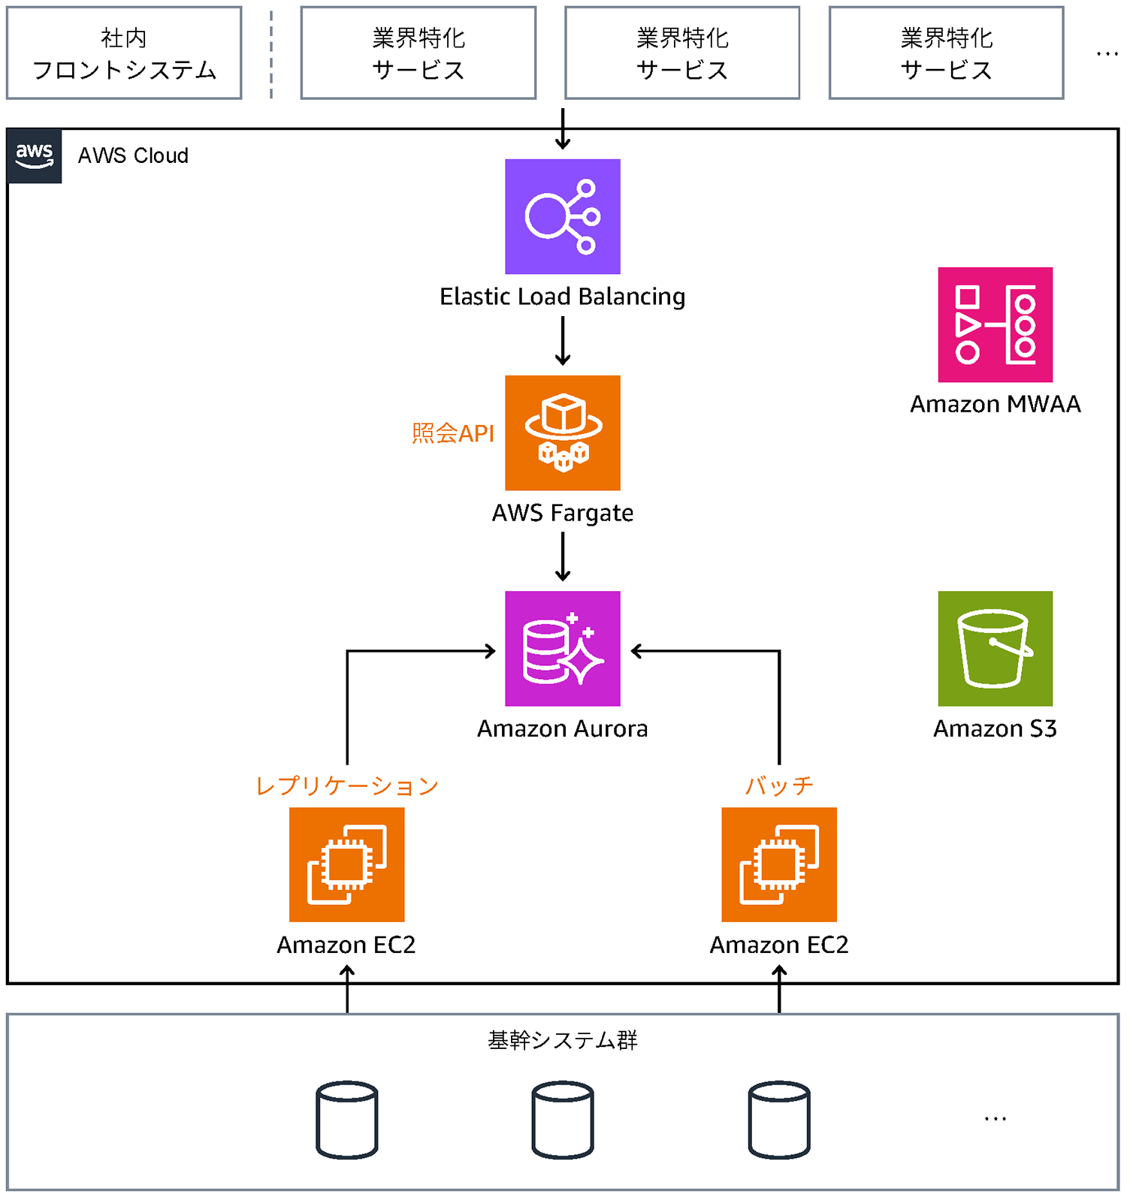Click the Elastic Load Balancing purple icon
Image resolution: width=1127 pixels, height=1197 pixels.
562,216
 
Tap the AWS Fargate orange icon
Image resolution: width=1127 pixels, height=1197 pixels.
562,433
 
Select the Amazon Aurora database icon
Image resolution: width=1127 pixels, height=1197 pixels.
562,648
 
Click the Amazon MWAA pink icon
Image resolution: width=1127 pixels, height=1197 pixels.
995,324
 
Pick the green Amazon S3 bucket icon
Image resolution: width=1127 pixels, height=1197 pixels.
995,648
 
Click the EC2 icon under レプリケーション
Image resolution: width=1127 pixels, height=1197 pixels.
346,864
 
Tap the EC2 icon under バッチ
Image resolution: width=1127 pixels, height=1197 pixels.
778,864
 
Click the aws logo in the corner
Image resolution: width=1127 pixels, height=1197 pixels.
35,155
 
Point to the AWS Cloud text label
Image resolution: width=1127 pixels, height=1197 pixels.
133,155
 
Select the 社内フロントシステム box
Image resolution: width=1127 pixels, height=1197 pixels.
124,53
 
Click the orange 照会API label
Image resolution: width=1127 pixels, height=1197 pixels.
452,433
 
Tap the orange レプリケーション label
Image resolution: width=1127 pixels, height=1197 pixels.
346,785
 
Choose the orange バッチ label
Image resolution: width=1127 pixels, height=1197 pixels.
778,785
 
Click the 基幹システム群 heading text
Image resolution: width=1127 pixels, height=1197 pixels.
562,1040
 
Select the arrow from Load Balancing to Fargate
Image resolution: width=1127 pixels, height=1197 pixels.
562,340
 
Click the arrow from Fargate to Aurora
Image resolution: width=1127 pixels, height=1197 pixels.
562,556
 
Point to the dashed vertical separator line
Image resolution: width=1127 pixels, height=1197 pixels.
271,53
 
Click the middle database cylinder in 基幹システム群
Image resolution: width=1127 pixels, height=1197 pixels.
562,1119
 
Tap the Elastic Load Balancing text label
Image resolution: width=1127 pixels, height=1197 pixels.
562,297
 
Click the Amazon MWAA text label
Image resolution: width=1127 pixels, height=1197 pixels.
995,404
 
